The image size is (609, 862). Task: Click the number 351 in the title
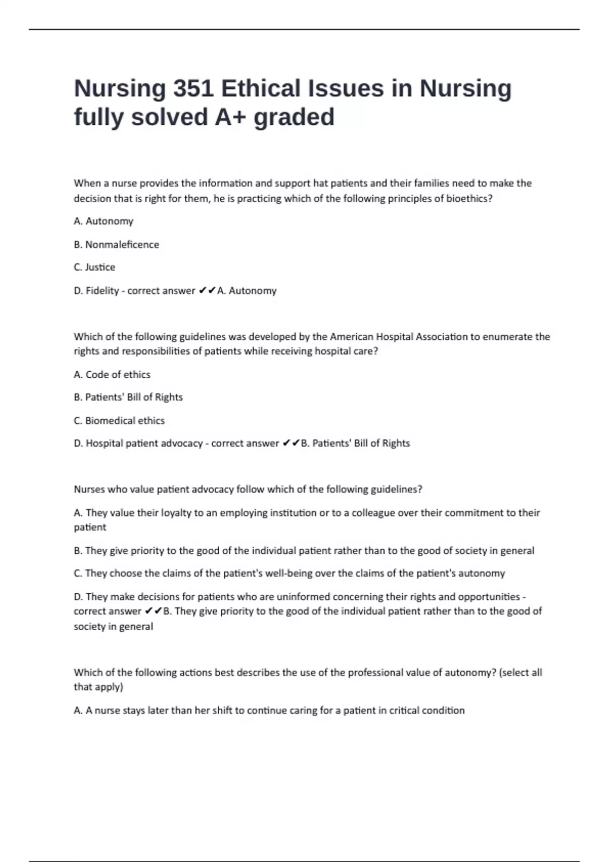192,89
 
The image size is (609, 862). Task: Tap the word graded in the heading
294,117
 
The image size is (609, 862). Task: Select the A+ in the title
231,117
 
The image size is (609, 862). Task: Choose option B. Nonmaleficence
116,244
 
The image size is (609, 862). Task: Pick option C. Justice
94,267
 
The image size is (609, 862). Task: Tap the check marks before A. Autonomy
207,291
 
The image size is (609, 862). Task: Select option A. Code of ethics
112,375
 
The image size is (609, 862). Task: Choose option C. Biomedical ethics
119,420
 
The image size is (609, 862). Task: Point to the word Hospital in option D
104,443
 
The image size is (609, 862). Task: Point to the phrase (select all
521,672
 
